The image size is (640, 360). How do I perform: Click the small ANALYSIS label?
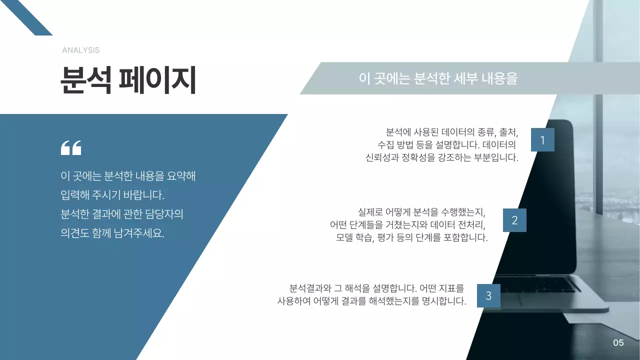80,50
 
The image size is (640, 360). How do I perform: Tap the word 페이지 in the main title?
156,80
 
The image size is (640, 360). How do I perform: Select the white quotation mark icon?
70,147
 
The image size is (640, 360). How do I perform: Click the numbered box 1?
542,140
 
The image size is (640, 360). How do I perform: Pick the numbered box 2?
514,220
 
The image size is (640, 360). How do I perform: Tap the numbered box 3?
488,296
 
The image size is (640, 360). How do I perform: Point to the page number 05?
618,343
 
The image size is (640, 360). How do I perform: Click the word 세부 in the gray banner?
465,78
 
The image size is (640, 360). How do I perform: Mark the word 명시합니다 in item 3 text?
444,301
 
